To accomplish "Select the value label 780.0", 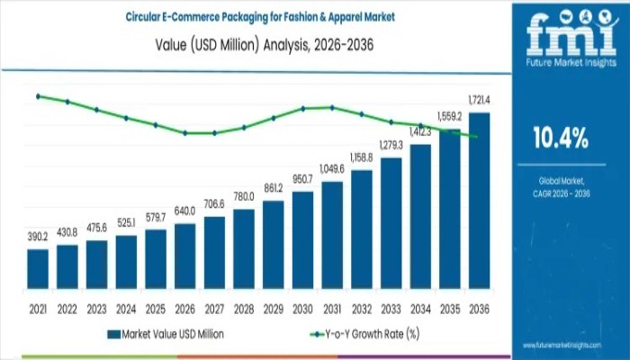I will point(244,195).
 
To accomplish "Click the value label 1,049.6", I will point(332,168).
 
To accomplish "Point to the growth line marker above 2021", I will point(38,95).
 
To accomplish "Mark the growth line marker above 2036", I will point(475,136).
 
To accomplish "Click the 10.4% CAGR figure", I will point(562,138).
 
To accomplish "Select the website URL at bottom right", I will point(574,345).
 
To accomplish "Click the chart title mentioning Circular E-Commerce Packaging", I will point(249,15).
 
